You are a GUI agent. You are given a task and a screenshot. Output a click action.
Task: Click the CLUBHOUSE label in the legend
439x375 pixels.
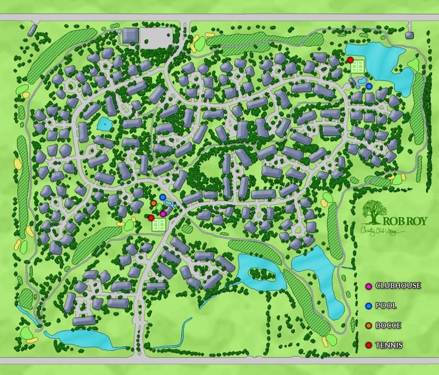pos(398,286)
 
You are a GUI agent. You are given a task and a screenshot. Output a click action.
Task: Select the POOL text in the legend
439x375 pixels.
pos(386,305)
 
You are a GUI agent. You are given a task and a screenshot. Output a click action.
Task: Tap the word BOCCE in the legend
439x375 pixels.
pos(388,325)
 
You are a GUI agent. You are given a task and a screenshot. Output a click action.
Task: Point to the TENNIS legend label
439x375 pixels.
pos(389,345)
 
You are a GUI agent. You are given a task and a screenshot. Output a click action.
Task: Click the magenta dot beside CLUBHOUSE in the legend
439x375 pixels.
pos(369,286)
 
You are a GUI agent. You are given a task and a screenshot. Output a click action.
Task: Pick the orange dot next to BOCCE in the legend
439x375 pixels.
pos(369,325)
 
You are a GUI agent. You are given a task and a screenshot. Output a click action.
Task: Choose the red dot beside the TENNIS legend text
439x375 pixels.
pos(369,345)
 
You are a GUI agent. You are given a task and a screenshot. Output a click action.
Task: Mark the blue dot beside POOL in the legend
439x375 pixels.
pos(369,305)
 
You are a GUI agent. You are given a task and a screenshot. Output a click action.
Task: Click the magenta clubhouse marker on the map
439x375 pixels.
pos(163,213)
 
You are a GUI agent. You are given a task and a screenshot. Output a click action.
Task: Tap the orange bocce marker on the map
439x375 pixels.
pos(154,203)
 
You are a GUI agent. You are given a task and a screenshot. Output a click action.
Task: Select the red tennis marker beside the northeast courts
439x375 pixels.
pos(350,60)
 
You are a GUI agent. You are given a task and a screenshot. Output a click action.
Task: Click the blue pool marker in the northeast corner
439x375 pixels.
pos(369,86)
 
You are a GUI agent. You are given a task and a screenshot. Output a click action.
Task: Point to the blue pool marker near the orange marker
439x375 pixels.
pos(162,197)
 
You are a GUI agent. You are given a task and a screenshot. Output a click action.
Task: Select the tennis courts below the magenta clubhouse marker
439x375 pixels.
pos(159,224)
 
